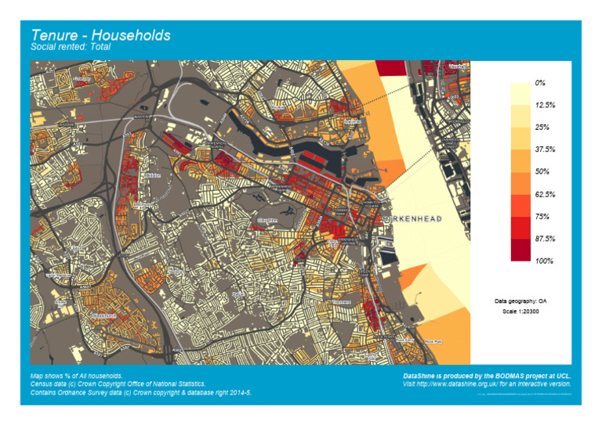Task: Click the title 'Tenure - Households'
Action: (100, 35)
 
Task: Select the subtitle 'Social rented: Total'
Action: (71, 47)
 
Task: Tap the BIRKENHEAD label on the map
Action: (412, 219)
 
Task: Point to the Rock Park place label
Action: (433, 341)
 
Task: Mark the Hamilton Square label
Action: (370, 203)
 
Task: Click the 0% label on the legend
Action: (540, 82)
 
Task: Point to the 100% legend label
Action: (544, 261)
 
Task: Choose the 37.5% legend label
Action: (545, 149)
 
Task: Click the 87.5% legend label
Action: (545, 239)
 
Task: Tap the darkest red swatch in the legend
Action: (520, 250)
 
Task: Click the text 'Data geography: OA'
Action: (520, 301)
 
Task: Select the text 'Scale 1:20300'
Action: (520, 312)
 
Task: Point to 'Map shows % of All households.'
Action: (77, 376)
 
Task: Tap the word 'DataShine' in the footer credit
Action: (419, 376)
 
